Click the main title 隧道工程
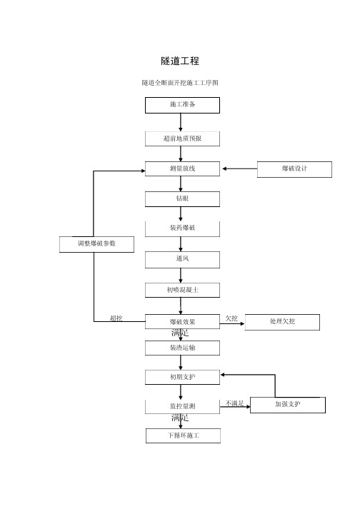click(180, 61)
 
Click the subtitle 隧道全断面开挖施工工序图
click(180, 83)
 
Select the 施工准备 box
click(182, 105)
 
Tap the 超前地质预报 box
click(182, 138)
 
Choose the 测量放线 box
click(182, 168)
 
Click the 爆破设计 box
click(294, 169)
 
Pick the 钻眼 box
click(182, 199)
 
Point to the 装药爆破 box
click(182, 229)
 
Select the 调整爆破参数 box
click(97, 244)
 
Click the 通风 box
click(182, 260)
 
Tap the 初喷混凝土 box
click(182, 290)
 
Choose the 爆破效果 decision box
click(182, 321)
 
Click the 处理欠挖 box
click(282, 322)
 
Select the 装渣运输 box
click(182, 348)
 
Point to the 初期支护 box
click(182, 377)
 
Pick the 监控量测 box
click(182, 406)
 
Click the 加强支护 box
click(288, 405)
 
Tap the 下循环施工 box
click(184, 435)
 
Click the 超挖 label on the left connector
click(116, 318)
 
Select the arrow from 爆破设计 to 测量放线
click(240, 168)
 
